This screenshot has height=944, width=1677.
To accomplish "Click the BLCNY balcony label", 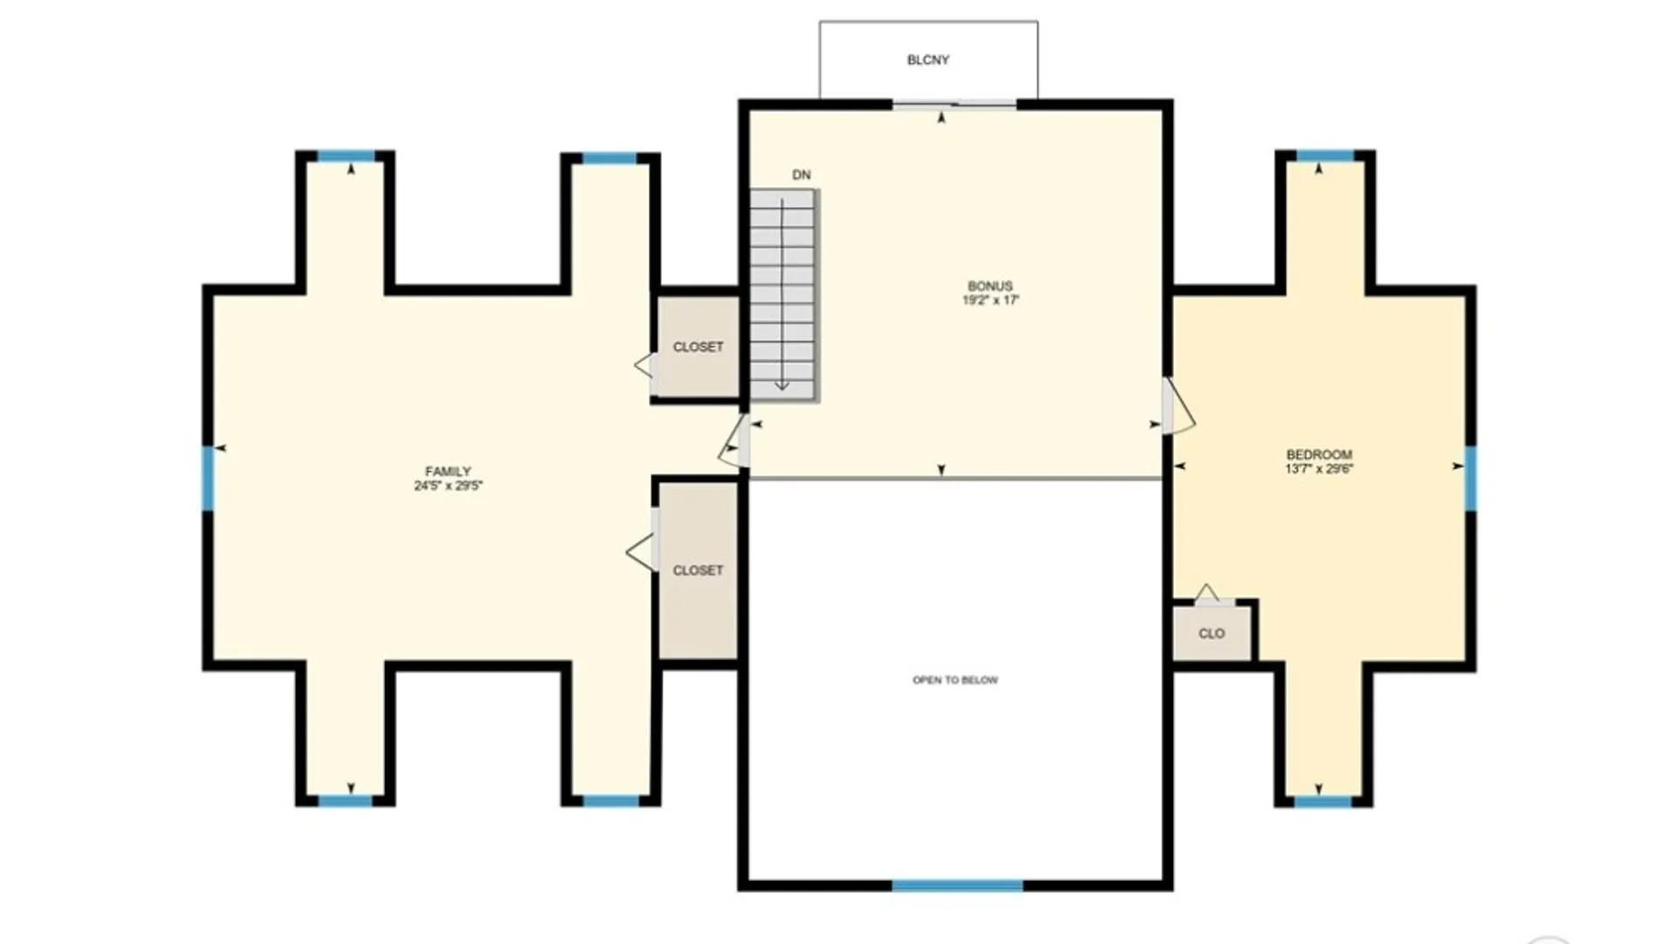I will pos(928,60).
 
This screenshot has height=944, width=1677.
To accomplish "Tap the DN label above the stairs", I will pos(801,175).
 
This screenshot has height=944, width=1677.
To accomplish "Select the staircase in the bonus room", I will pos(783,295).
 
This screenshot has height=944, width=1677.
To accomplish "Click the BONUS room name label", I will pos(990,286).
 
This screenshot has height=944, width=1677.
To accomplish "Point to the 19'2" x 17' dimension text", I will pos(990,300).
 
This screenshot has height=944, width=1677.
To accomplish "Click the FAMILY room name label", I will pos(447,471).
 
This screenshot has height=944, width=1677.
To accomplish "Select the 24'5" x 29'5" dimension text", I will pos(447,486).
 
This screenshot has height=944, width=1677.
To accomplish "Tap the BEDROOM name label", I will pos(1319,455).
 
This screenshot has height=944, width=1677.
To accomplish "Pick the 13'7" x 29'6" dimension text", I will pos(1319,469).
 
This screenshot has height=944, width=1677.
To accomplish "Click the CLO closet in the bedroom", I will pos(1211,634).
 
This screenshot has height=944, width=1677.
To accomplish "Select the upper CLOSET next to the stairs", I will pos(698,347).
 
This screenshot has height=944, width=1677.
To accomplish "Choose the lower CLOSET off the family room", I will pos(698,570).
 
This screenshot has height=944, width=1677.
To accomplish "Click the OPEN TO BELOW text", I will pos(955,680).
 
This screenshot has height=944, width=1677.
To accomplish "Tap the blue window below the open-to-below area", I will pos(957,885).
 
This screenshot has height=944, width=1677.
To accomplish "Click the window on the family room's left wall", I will pos(208,478).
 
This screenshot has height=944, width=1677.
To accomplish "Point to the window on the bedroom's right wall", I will pos(1470,478).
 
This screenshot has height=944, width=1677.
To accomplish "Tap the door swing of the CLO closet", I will pos(1208,595).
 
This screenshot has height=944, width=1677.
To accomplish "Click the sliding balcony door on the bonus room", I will pos(954,106).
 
